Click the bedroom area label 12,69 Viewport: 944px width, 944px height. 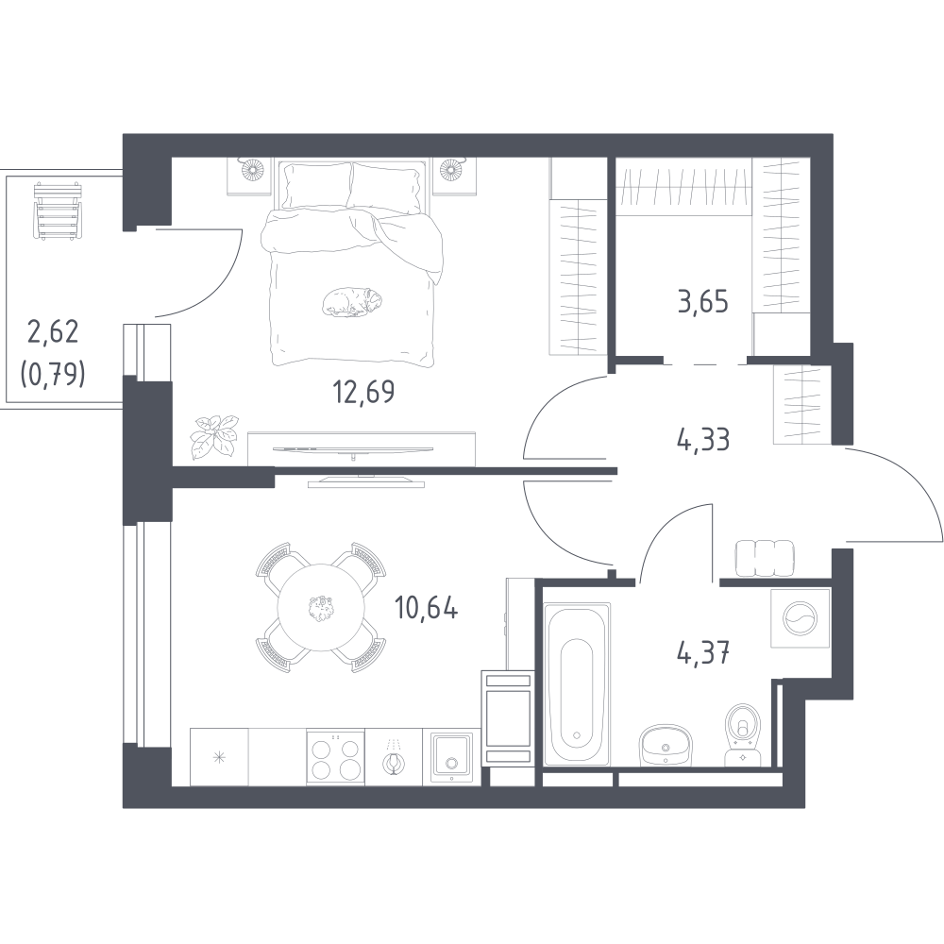(363, 392)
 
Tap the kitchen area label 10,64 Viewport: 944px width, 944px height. (427, 608)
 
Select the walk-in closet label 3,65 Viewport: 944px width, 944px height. (703, 301)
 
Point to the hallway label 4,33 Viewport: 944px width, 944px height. (703, 440)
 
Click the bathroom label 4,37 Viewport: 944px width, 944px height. (703, 651)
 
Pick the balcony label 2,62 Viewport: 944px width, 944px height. (53, 331)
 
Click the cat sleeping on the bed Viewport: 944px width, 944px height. (352, 302)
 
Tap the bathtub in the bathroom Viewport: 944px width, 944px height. (577, 683)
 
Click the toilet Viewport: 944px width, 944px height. (744, 734)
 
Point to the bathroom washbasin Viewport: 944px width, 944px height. (665, 744)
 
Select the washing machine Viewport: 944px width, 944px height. (801, 618)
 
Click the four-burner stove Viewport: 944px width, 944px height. (335, 757)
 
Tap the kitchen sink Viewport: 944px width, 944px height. (451, 757)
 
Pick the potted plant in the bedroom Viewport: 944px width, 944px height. (214, 434)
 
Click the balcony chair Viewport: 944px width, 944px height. (58, 211)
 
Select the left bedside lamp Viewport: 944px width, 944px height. (249, 169)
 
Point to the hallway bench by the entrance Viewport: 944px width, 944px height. (765, 557)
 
